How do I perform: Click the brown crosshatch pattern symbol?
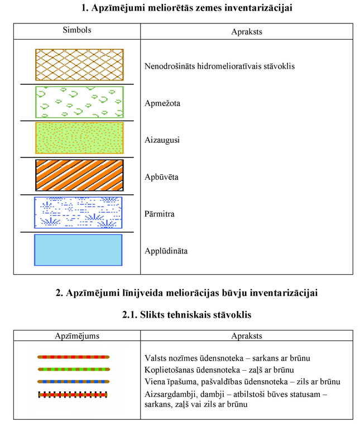tap(79, 65)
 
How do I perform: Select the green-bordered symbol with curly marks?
tap(79, 102)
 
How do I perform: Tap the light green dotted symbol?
tap(79, 138)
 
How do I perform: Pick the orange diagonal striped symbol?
tap(79, 175)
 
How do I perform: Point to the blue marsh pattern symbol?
tap(78, 212)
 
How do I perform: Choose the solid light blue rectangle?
tap(78, 250)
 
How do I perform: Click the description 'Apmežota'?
tap(162, 103)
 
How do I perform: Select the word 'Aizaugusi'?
tap(162, 140)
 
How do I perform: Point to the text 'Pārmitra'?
tap(160, 213)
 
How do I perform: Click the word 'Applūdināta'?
tap(166, 251)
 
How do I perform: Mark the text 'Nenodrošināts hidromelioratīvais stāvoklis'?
tap(219, 66)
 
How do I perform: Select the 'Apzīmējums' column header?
tap(76, 336)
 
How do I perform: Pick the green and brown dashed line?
tap(73, 368)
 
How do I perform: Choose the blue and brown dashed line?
tap(73, 381)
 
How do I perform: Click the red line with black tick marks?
tap(73, 394)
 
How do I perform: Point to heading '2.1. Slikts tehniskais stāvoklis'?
tap(186, 315)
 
